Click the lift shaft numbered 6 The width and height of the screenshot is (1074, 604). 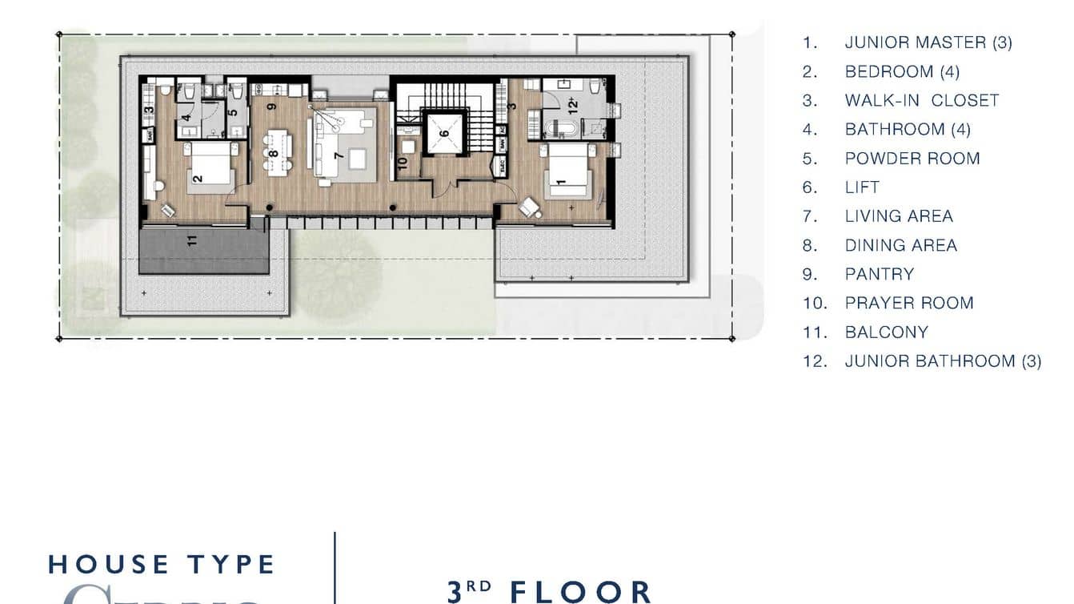click(443, 133)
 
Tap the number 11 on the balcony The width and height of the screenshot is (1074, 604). click(192, 240)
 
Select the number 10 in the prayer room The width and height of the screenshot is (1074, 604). click(403, 161)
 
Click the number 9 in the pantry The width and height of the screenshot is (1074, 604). click(272, 106)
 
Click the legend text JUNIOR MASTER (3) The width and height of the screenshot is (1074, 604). click(928, 42)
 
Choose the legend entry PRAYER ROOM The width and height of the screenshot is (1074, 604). click(908, 303)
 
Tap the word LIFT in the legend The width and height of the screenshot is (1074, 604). click(862, 187)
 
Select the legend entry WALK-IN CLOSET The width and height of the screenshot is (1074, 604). click(922, 100)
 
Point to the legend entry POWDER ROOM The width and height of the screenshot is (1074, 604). click(912, 159)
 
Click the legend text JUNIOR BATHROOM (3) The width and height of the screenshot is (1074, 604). click(943, 361)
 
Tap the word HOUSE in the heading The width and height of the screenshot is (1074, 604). click(110, 564)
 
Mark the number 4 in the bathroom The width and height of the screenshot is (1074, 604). click(186, 122)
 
